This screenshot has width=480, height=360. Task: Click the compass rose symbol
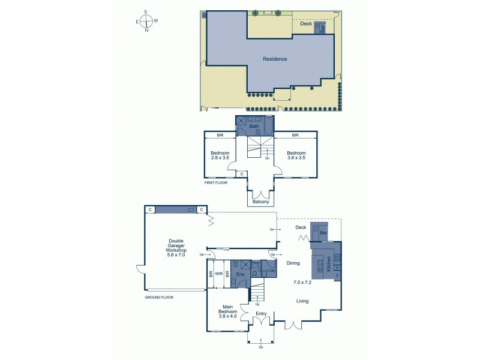(146, 21)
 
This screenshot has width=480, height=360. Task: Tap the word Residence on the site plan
(275, 59)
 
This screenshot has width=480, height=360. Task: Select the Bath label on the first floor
(254, 127)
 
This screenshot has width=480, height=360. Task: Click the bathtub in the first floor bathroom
(268, 125)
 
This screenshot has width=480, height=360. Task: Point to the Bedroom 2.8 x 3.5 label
(220, 155)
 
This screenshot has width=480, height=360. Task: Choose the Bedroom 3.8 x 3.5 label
(296, 155)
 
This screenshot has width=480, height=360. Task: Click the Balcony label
(260, 202)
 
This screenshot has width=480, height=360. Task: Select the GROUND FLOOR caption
(159, 297)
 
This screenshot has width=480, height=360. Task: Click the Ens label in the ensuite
(239, 274)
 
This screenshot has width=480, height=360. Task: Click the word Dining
(293, 263)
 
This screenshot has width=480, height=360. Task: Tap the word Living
(304, 302)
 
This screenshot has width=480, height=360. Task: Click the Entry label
(260, 314)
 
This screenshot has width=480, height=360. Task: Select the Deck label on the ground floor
(301, 227)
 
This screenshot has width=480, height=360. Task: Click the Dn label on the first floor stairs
(267, 158)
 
